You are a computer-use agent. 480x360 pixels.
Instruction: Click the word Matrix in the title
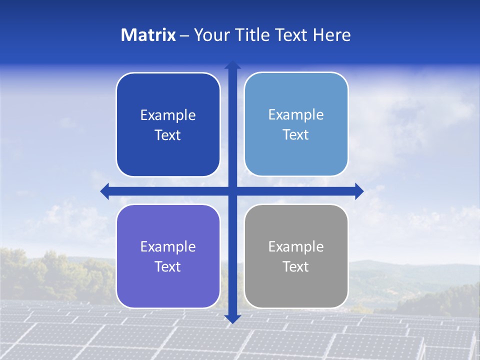point(148,35)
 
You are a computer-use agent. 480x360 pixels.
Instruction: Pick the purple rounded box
point(168,290)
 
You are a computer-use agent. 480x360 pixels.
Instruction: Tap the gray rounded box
point(296,290)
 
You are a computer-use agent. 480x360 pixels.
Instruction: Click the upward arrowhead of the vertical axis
point(232,65)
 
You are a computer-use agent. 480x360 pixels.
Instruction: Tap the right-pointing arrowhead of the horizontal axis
point(359,191)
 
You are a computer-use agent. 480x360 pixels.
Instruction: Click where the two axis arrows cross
point(232,191)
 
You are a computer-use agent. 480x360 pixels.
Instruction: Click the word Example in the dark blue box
point(168,115)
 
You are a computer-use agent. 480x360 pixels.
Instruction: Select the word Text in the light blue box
point(296,135)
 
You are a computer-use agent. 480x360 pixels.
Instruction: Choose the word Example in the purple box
point(168,247)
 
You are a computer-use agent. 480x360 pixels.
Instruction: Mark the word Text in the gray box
point(296,267)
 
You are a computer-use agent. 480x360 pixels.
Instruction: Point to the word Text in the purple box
point(168,267)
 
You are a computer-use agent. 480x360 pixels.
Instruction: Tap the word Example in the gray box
point(296,247)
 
